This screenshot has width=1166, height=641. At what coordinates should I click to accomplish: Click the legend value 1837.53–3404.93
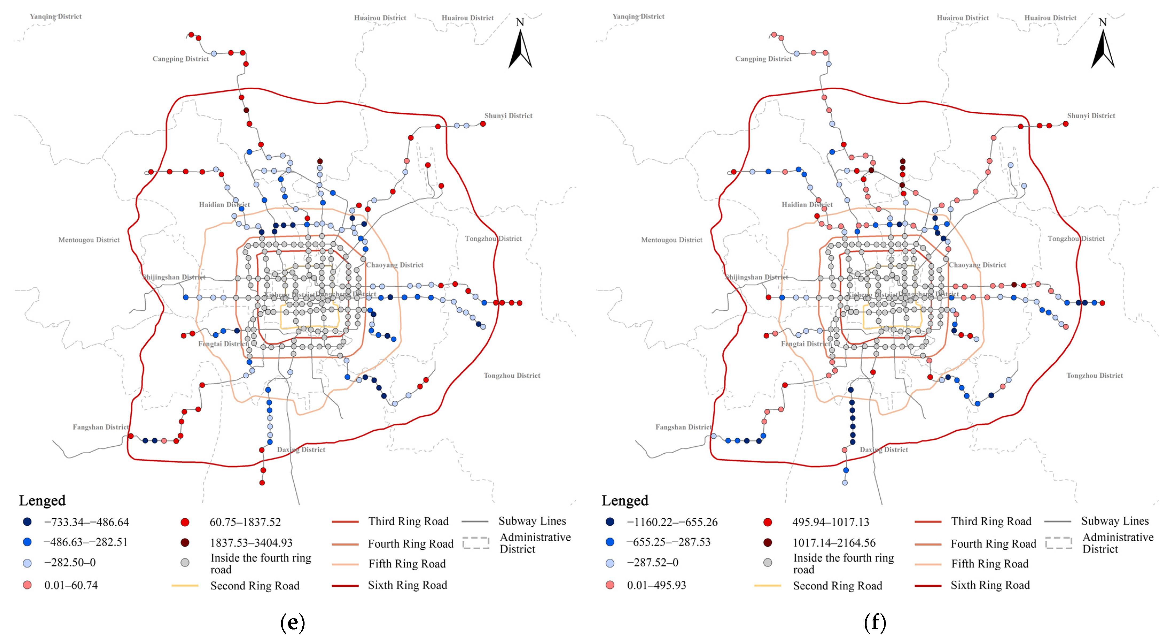coord(251,543)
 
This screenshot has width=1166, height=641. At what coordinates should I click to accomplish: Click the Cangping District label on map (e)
coord(181,59)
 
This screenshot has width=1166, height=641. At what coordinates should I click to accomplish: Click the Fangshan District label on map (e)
coord(100,427)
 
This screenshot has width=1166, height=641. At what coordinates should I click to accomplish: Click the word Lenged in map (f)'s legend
coord(625,501)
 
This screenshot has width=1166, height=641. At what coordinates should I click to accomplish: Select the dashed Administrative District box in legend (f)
coord(1058,543)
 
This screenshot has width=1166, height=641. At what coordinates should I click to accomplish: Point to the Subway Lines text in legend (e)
coord(532,521)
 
